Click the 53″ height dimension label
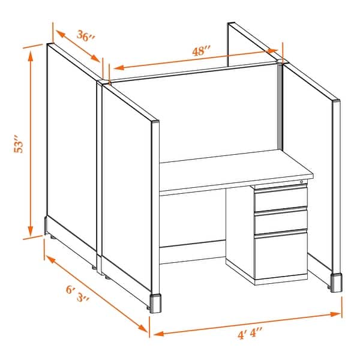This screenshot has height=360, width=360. (19, 147)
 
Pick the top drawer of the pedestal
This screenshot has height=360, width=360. (281, 198)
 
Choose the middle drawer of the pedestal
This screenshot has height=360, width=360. (281, 221)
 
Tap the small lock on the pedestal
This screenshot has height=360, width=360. (301, 181)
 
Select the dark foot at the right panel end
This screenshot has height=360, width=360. (337, 283)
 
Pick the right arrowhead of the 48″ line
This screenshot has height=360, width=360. (277, 52)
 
